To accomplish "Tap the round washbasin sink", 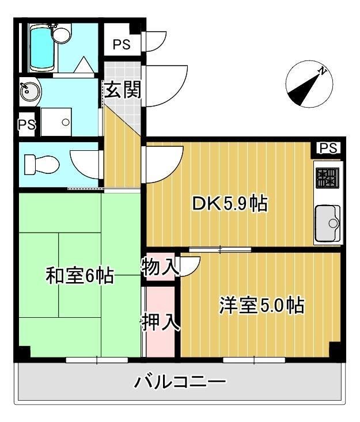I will tap(26, 91).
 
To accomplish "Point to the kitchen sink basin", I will tap(327, 222).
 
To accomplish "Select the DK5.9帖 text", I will tap(229, 203).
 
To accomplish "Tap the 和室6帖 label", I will tap(79, 276).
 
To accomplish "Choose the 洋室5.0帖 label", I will tap(261, 305).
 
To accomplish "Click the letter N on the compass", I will tap(324, 71).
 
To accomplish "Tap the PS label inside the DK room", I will tap(328, 149).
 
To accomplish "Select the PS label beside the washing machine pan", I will tap(26, 125).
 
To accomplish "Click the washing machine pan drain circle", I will tap(66, 122).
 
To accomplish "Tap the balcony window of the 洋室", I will tap(254, 360).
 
